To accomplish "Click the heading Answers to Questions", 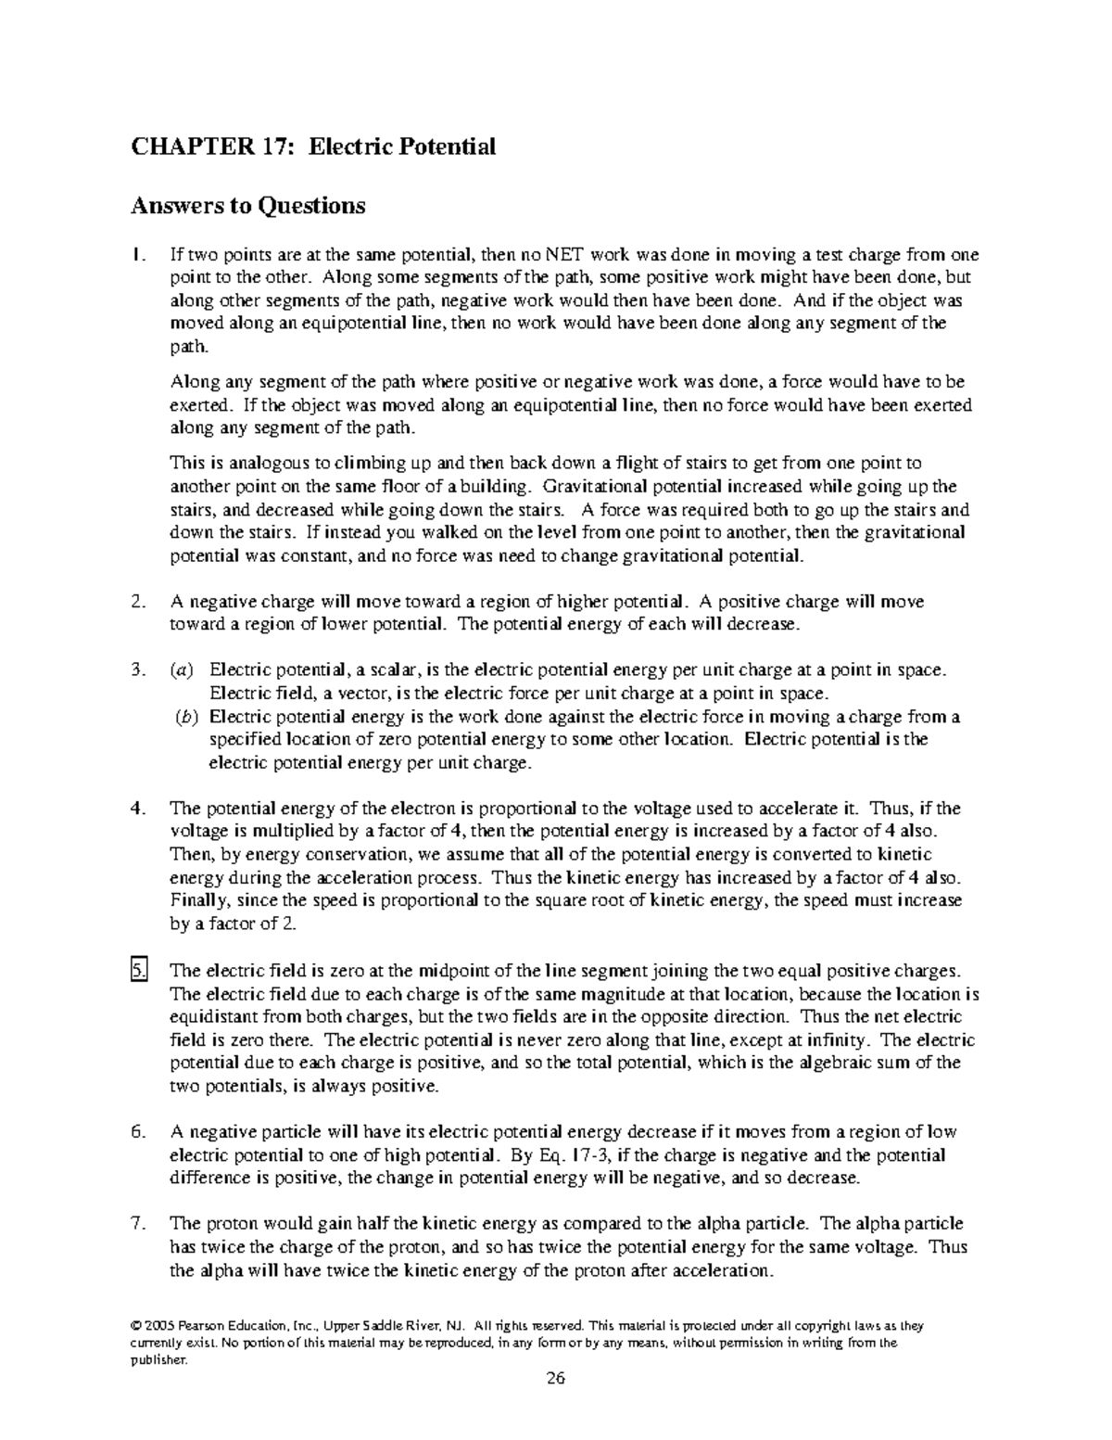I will pyautogui.click(x=248, y=205).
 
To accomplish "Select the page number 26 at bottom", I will pyautogui.click(x=555, y=1377).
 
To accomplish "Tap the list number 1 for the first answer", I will pyautogui.click(x=139, y=255).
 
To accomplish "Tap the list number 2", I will pyautogui.click(x=139, y=602).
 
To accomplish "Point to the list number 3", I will pyautogui.click(x=139, y=670).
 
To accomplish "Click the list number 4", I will pyautogui.click(x=139, y=809).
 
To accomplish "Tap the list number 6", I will pyautogui.click(x=139, y=1132).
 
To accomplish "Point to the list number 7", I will pyautogui.click(x=139, y=1224).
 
